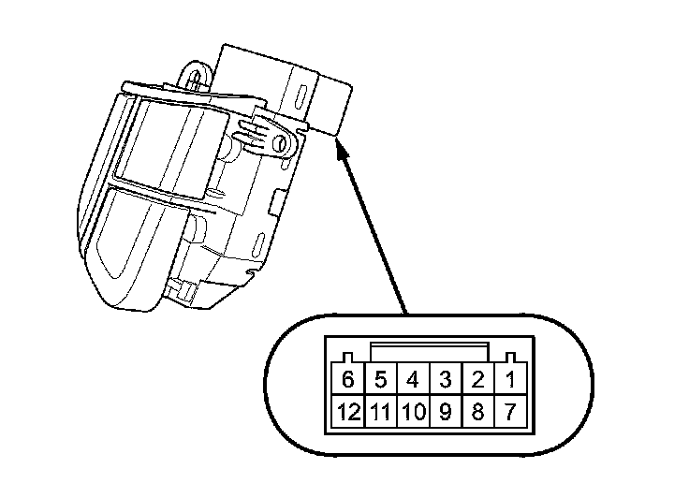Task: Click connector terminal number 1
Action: click(x=510, y=381)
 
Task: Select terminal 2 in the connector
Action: click(x=477, y=381)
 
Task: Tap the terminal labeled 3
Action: click(x=446, y=381)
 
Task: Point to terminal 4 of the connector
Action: click(x=413, y=381)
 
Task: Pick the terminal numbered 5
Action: click(x=381, y=381)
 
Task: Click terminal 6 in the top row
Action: click(x=348, y=381)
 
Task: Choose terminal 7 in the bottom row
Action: click(x=510, y=411)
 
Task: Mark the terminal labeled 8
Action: click(x=477, y=411)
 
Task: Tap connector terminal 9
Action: click(x=446, y=411)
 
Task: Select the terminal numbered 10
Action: click(x=413, y=411)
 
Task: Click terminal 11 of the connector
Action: click(x=381, y=411)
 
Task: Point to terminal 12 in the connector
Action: click(x=348, y=411)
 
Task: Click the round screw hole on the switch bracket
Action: click(x=278, y=142)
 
